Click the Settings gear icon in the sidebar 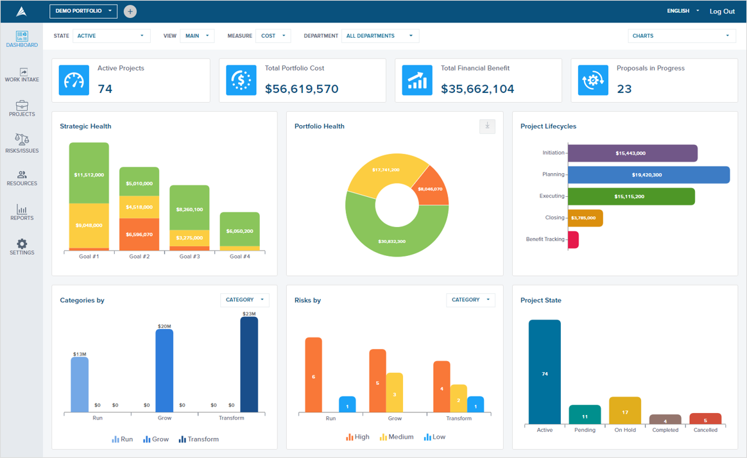[22, 244]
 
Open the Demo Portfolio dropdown [83, 11]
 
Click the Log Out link [722, 12]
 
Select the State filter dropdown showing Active [111, 36]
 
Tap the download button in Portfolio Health [487, 126]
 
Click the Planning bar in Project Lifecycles [648, 174]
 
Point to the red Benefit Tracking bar [573, 240]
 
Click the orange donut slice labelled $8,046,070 [431, 187]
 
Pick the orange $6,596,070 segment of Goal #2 [139, 234]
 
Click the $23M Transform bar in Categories [249, 364]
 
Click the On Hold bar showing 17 [625, 411]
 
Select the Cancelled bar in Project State [705, 419]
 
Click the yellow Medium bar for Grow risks [395, 393]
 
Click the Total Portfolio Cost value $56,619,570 [302, 89]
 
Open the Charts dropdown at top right [681, 36]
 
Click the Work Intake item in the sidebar [22, 74]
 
